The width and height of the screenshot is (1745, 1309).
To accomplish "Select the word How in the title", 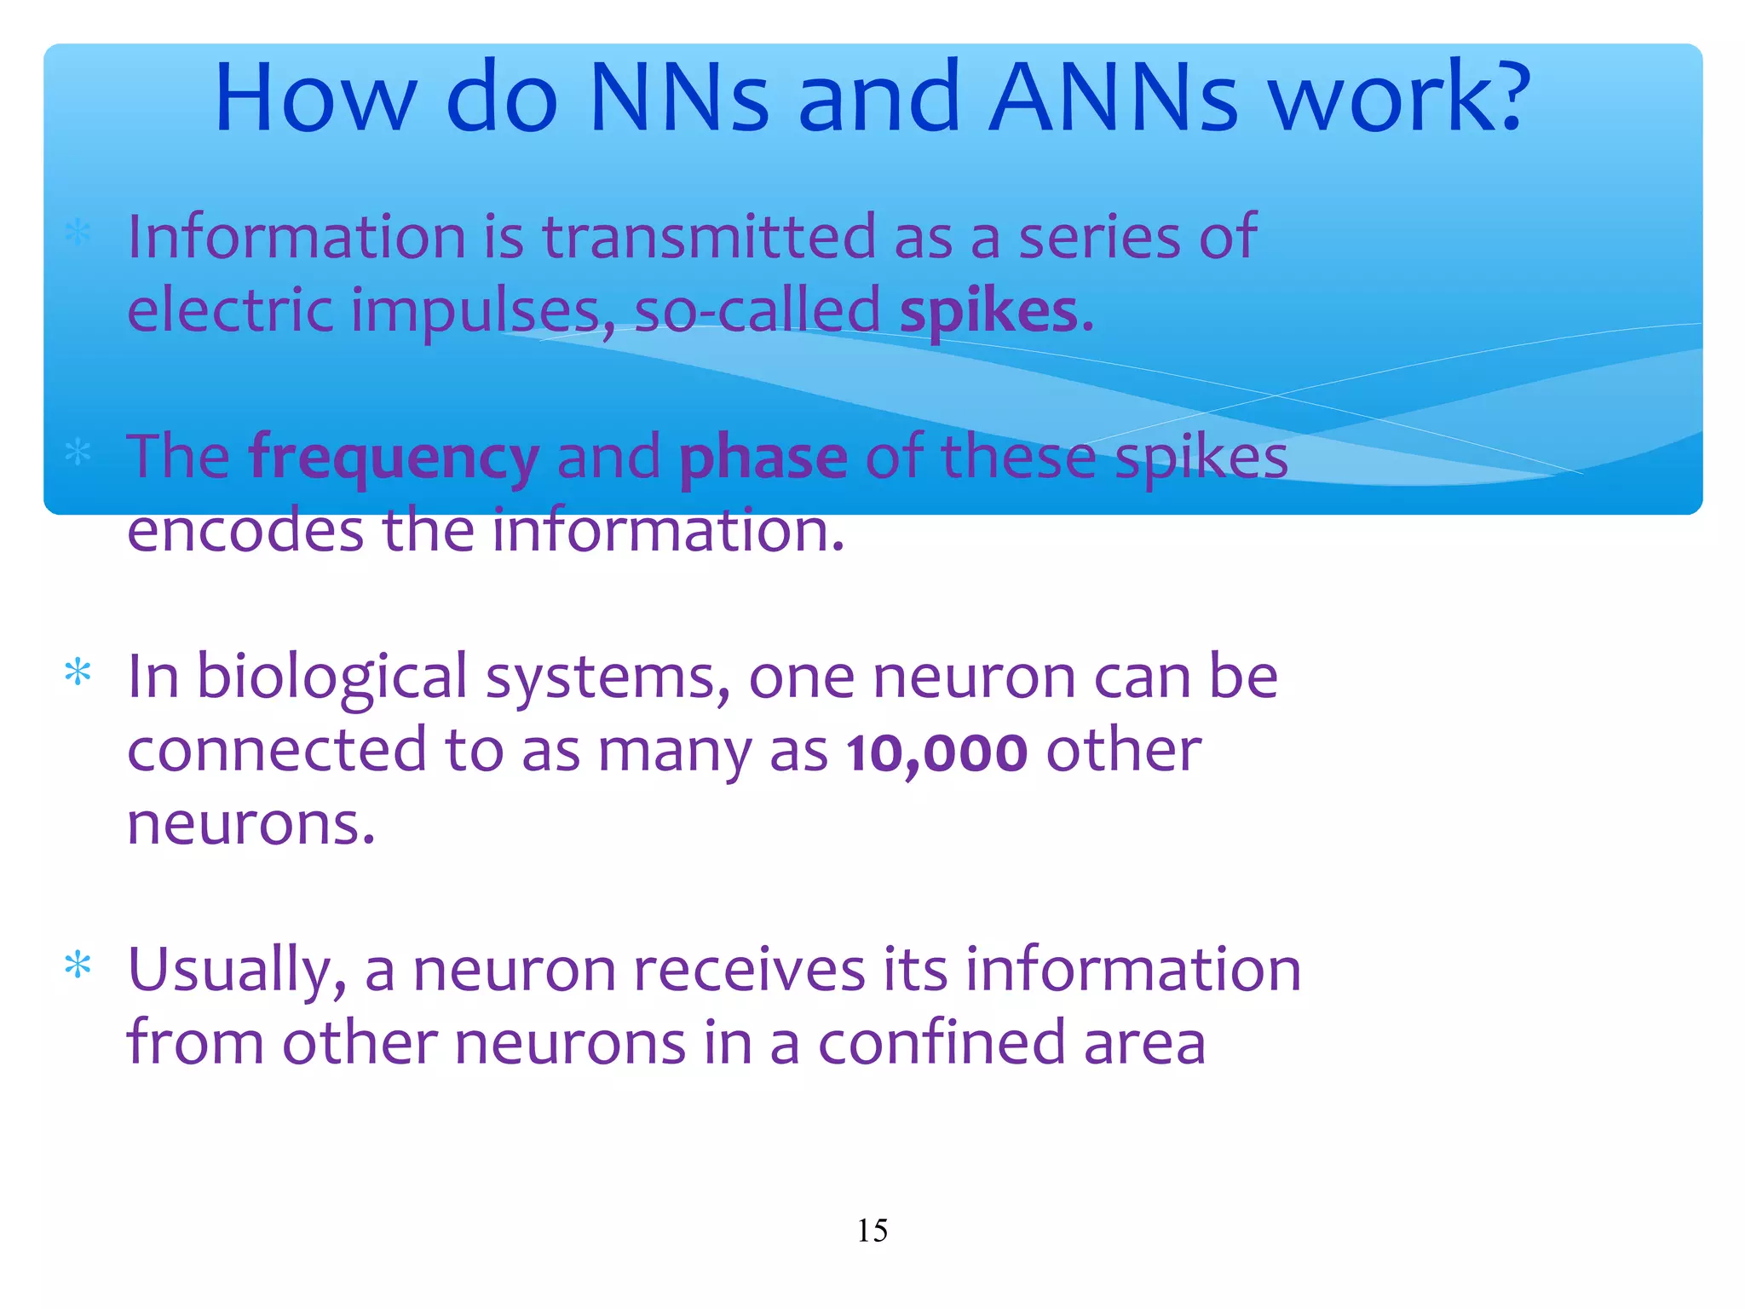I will tap(315, 97).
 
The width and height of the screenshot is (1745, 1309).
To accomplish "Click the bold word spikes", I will tap(989, 312).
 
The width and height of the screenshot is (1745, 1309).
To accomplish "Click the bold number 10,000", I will tap(937, 753).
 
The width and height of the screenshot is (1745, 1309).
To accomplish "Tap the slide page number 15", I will tap(872, 1231).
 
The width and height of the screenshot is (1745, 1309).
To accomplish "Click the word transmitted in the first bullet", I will tap(709, 237).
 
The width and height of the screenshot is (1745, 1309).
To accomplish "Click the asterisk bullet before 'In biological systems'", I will tap(78, 673).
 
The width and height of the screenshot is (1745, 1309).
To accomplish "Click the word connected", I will tap(277, 751).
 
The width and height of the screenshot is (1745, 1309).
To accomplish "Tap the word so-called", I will tap(757, 312).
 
